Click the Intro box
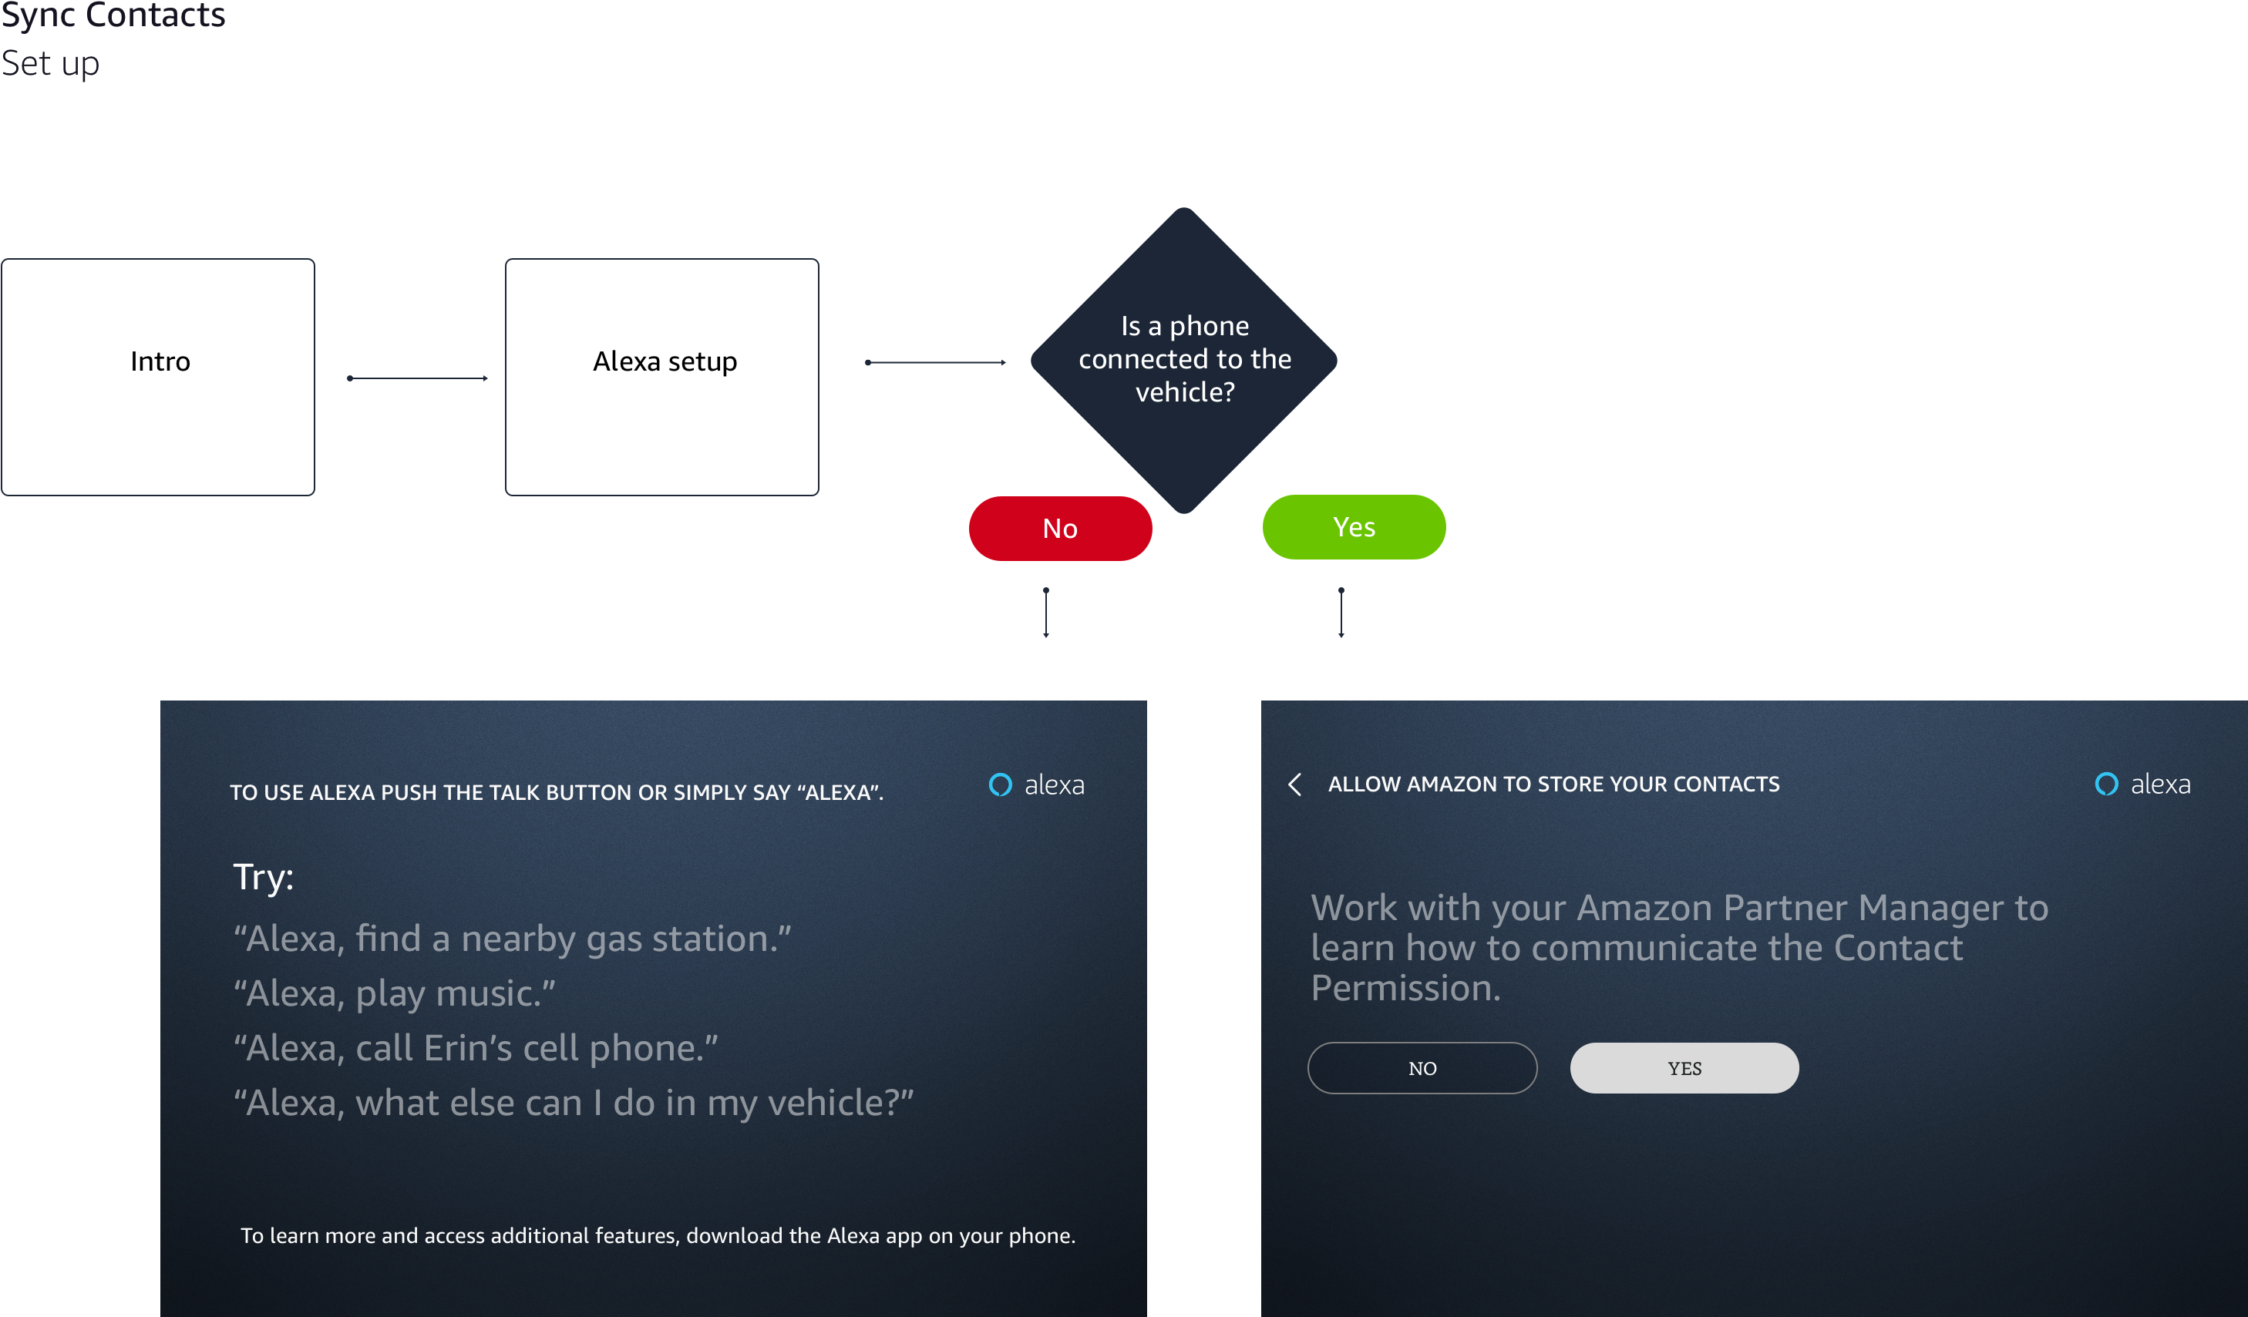coord(158,376)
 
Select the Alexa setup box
coord(662,376)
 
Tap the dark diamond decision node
coord(1184,360)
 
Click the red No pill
coord(1061,528)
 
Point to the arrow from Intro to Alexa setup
coord(418,378)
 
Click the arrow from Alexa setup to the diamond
coord(936,362)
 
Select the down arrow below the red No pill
coord(1046,613)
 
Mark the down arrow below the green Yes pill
coord(1341,613)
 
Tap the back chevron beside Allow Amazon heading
coord(1295,784)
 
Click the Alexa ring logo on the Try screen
coord(1000,784)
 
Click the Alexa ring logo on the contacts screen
coord(2106,784)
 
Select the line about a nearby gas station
coord(512,939)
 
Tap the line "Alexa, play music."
coord(394,994)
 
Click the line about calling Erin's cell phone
coord(476,1049)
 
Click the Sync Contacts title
coord(113,15)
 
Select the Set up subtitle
coord(50,63)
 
